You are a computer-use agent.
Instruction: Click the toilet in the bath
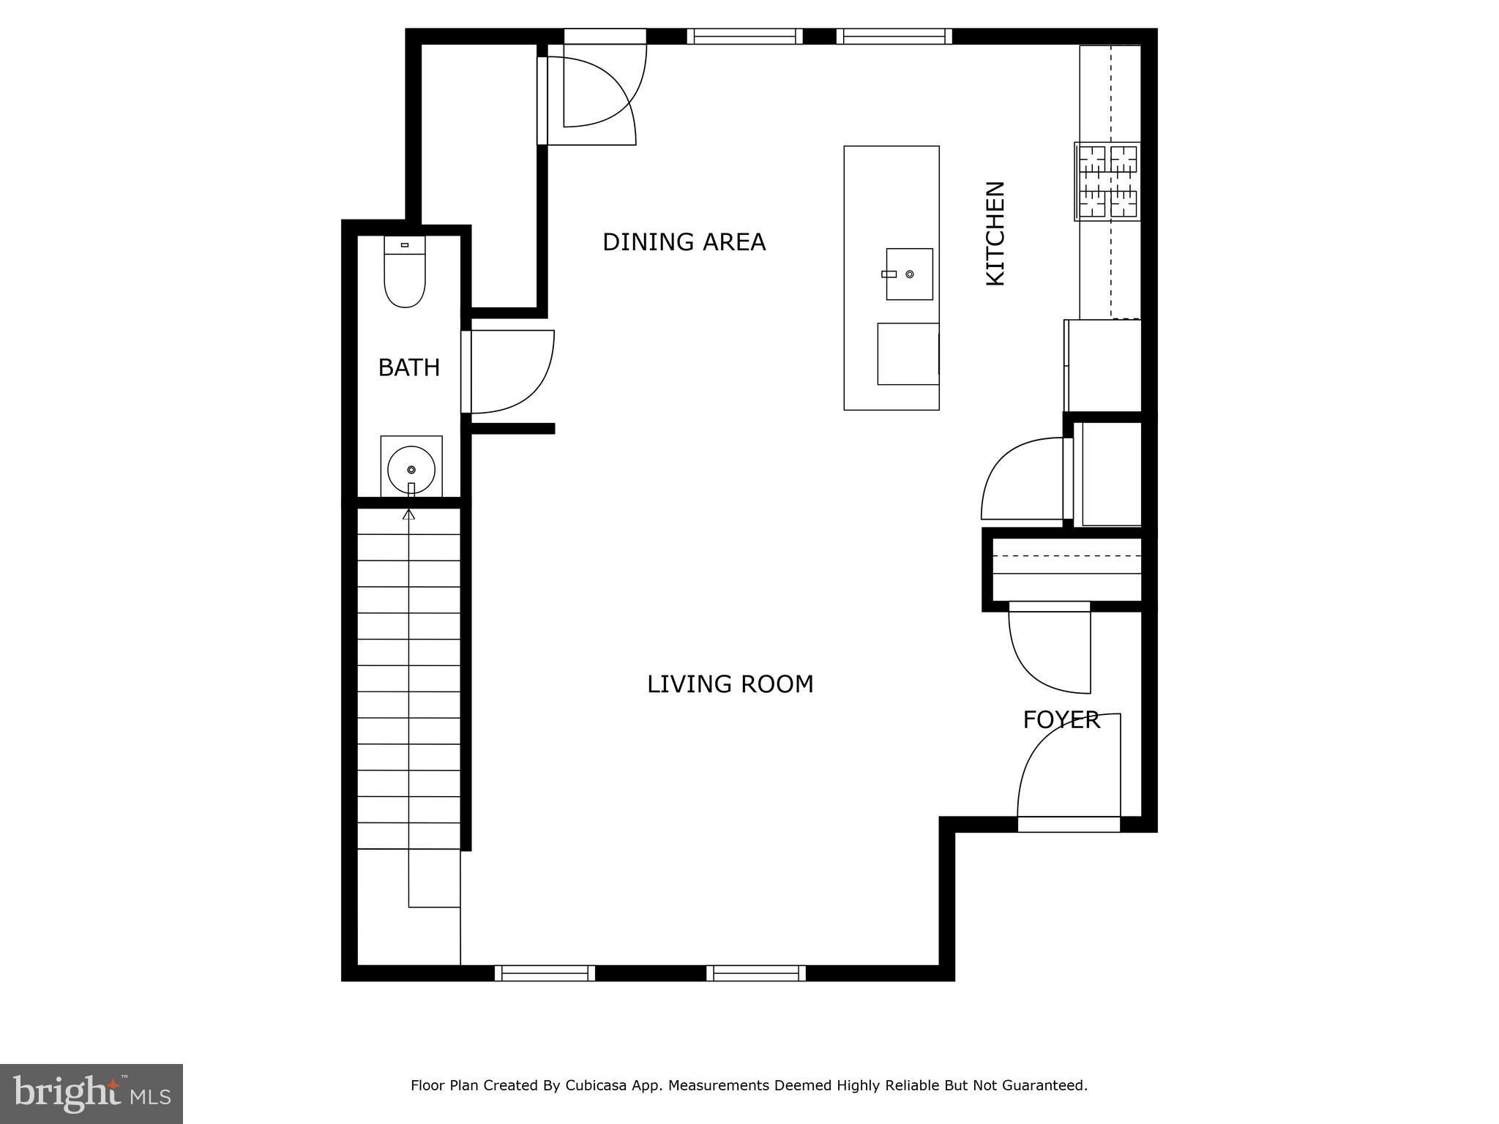(x=405, y=273)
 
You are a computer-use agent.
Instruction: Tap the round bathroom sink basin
(x=411, y=469)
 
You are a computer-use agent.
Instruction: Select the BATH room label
(x=408, y=367)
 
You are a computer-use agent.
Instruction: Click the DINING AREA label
(x=684, y=242)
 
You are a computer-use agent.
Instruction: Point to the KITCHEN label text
(x=995, y=233)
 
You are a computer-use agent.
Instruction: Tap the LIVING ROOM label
(x=730, y=684)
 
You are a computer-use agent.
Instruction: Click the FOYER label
(x=1061, y=720)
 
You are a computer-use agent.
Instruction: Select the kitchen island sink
(x=909, y=274)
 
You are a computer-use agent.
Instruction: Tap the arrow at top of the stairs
(x=409, y=514)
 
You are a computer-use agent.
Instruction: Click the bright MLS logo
(x=91, y=1093)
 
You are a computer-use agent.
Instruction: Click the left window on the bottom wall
(x=545, y=973)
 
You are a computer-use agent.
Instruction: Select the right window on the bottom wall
(x=756, y=973)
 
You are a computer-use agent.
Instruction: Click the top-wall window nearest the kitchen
(x=894, y=37)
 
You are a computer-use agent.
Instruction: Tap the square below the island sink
(x=908, y=354)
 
